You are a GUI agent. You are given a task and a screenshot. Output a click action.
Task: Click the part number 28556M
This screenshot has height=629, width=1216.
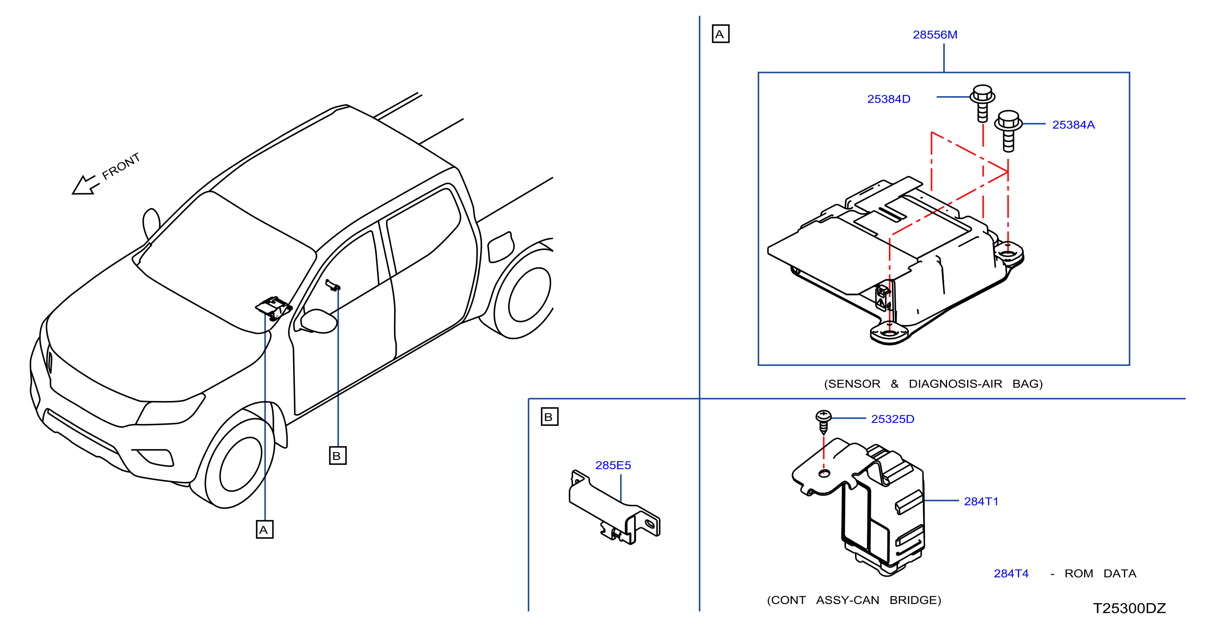pyautogui.click(x=935, y=35)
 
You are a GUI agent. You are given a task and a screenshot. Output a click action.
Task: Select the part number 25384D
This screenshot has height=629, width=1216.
pyautogui.click(x=889, y=99)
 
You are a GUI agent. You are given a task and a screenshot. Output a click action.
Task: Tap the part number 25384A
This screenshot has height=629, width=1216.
pyautogui.click(x=1073, y=125)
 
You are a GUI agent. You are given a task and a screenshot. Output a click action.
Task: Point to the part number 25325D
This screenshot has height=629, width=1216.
pyautogui.click(x=892, y=419)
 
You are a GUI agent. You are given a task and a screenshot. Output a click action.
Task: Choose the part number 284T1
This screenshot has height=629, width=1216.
pyautogui.click(x=981, y=501)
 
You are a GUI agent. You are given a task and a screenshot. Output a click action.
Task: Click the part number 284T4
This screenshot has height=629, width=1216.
pyautogui.click(x=1011, y=573)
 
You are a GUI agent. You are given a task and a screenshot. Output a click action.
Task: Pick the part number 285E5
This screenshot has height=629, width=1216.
pyautogui.click(x=613, y=465)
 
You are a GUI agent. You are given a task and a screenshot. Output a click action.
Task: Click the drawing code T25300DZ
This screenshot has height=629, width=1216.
pyautogui.click(x=1129, y=608)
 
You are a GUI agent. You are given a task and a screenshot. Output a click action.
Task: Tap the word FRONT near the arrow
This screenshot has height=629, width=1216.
pyautogui.click(x=121, y=166)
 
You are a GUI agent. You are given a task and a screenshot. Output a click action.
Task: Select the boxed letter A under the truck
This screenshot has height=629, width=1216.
pyautogui.click(x=264, y=529)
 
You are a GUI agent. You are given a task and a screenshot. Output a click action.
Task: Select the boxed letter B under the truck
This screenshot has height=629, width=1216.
pyautogui.click(x=338, y=456)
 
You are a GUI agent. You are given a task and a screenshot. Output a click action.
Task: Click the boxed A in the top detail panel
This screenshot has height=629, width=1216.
pyautogui.click(x=720, y=34)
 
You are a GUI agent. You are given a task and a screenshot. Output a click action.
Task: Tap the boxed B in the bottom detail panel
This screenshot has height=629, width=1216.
pyautogui.click(x=549, y=417)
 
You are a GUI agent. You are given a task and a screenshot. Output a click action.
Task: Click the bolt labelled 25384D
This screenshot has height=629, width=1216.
pyautogui.click(x=982, y=103)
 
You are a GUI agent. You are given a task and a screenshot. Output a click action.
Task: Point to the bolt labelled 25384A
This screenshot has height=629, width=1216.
pyautogui.click(x=1008, y=131)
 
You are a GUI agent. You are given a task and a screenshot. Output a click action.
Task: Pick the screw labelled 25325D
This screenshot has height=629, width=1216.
pyautogui.click(x=823, y=421)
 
